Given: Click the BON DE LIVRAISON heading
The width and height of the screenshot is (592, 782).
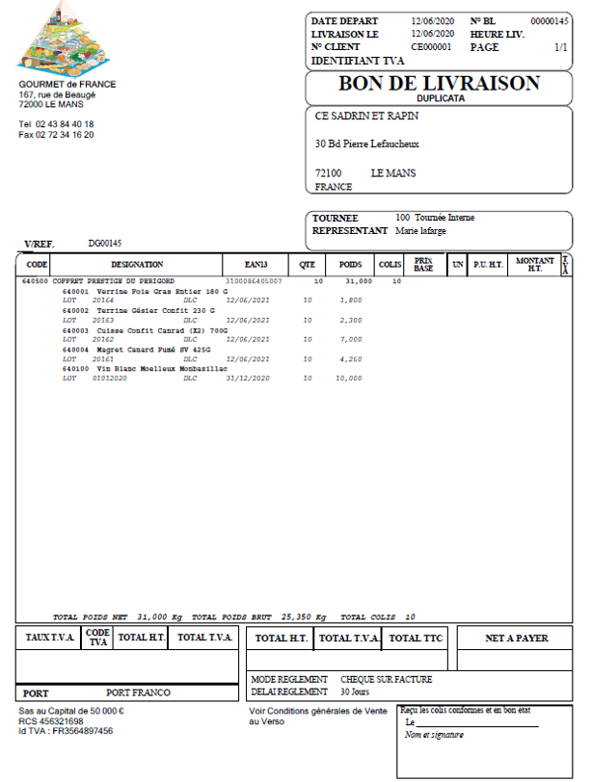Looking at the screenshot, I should (439, 84).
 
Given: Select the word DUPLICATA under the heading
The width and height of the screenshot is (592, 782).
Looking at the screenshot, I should (441, 98).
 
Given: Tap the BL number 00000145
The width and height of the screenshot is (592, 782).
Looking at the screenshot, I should (549, 21).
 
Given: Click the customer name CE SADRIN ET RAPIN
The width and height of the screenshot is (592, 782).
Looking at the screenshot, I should (366, 117).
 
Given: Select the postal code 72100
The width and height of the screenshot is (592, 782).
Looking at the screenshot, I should (329, 173).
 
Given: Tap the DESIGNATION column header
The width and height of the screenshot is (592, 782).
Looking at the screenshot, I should (137, 265).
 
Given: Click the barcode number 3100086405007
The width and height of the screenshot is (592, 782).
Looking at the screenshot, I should (254, 281).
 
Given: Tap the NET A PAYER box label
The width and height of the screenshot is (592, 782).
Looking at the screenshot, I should (516, 639).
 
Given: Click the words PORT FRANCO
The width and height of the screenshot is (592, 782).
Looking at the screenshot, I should (138, 692).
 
